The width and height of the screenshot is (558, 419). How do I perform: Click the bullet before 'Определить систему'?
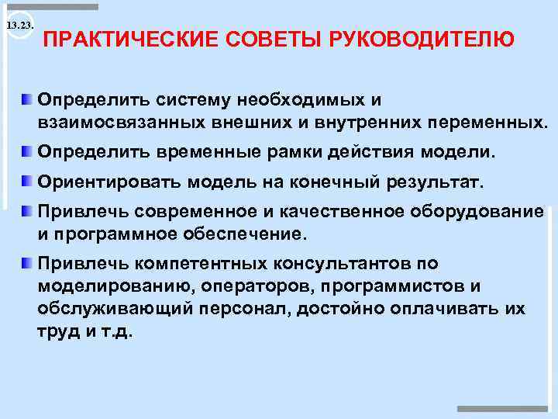click(x=27, y=100)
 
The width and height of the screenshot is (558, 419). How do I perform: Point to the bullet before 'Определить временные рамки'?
click(x=27, y=152)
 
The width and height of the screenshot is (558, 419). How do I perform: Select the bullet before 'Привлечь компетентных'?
click(x=27, y=263)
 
